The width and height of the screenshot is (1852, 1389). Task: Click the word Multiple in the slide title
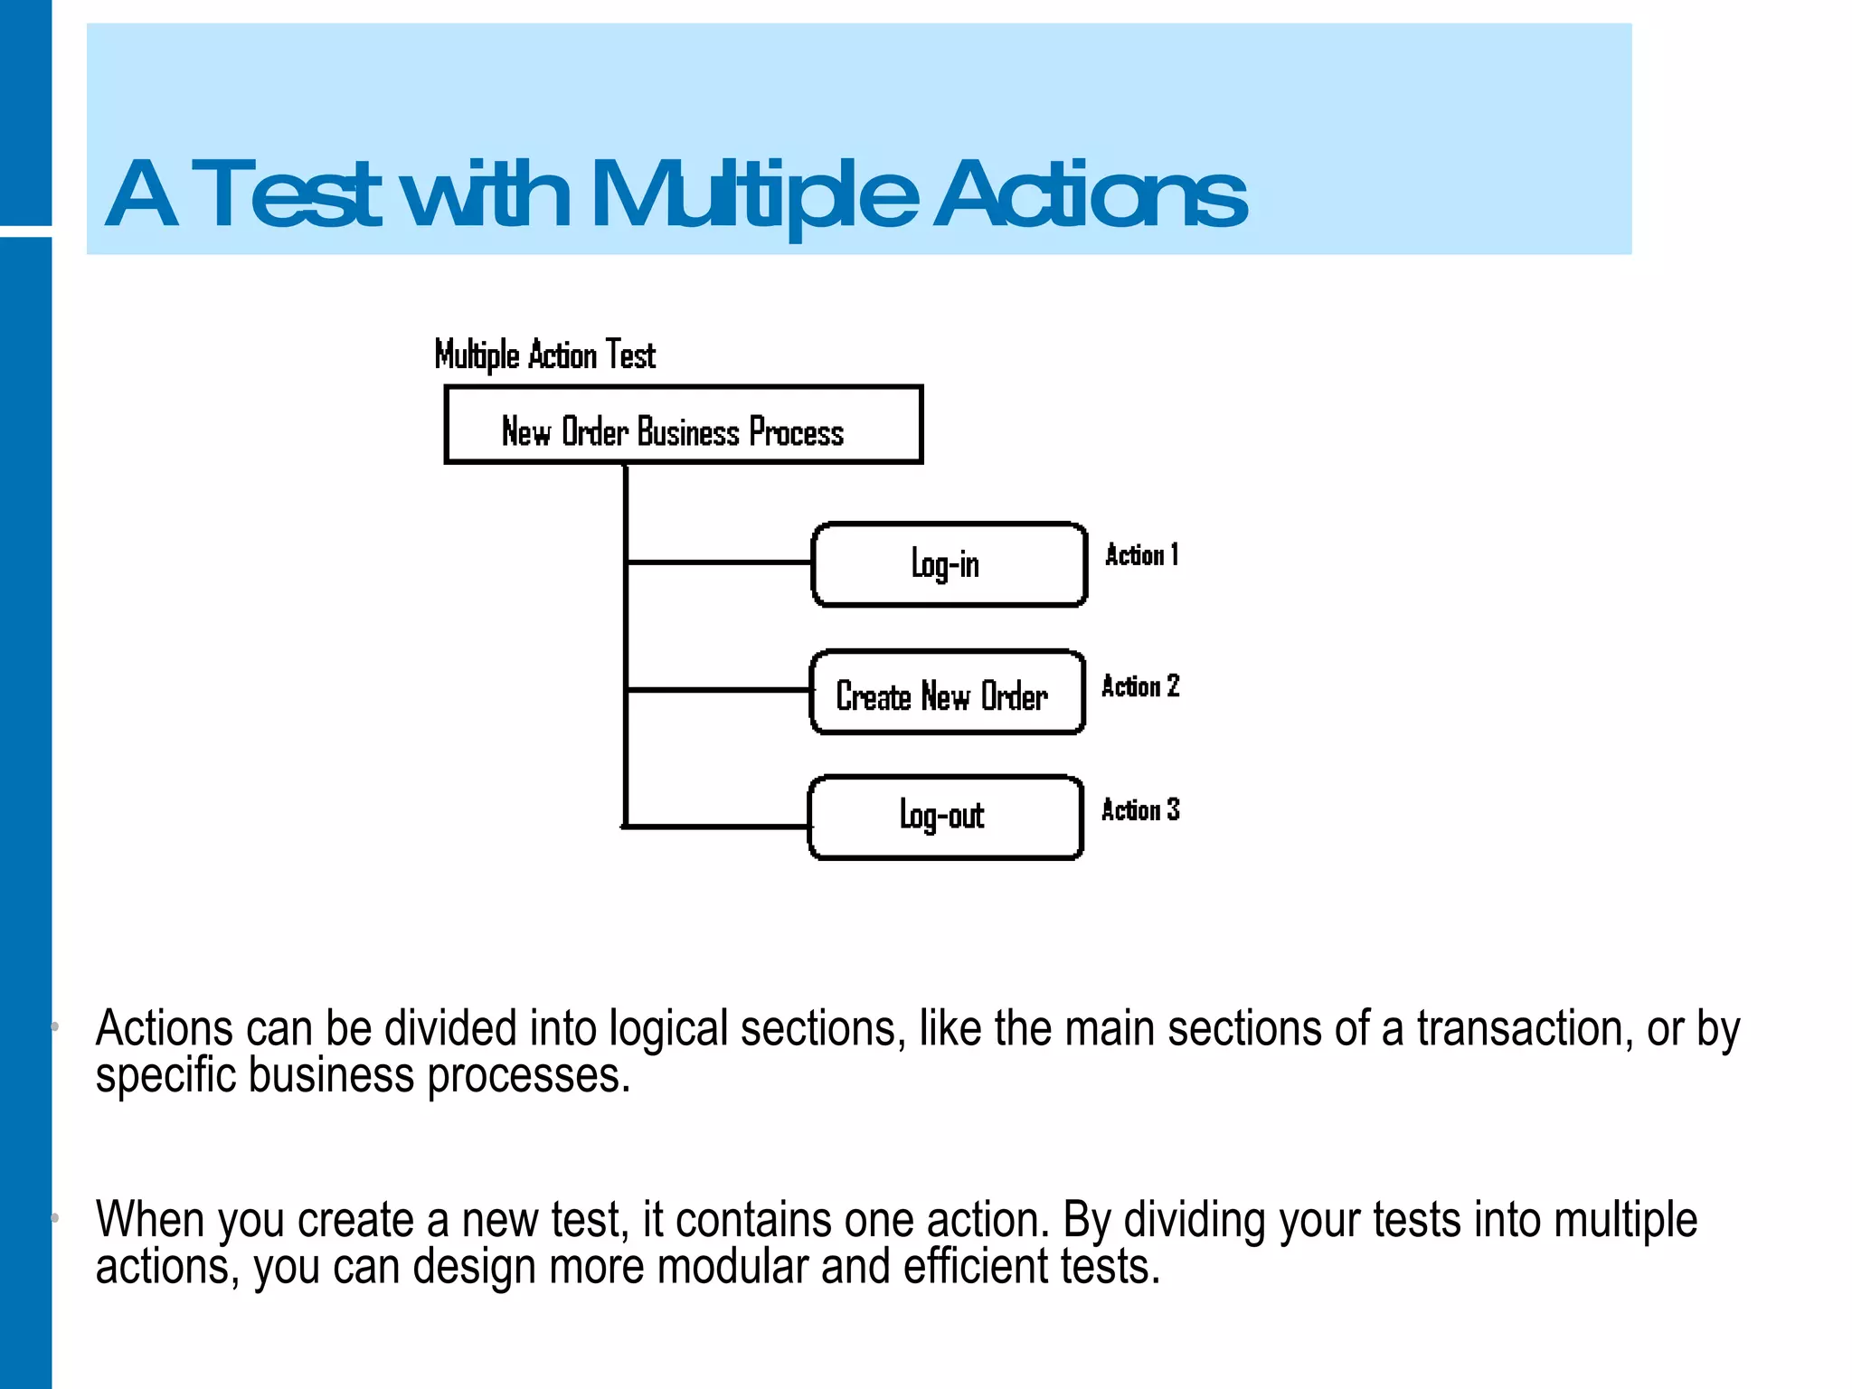(755, 194)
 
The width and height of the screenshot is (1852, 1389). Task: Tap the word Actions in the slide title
(1090, 194)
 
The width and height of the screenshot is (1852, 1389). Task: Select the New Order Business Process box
(683, 425)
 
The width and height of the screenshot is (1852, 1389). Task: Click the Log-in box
(949, 564)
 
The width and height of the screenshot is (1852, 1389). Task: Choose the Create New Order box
(947, 693)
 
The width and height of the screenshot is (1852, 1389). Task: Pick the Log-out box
(945, 817)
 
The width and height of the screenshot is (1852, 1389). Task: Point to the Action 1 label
(1141, 554)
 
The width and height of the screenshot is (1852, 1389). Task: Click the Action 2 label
(1140, 686)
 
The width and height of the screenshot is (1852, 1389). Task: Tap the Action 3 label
(1140, 809)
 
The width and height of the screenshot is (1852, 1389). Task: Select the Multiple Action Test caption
(544, 355)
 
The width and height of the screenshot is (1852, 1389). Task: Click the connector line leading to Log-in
(719, 562)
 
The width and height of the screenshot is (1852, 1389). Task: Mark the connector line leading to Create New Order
(718, 690)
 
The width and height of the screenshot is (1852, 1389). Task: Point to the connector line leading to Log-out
(716, 827)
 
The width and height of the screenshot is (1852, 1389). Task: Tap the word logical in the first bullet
(668, 1029)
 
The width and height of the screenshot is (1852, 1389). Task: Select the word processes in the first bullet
(528, 1076)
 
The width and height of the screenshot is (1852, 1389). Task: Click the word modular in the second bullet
(732, 1267)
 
